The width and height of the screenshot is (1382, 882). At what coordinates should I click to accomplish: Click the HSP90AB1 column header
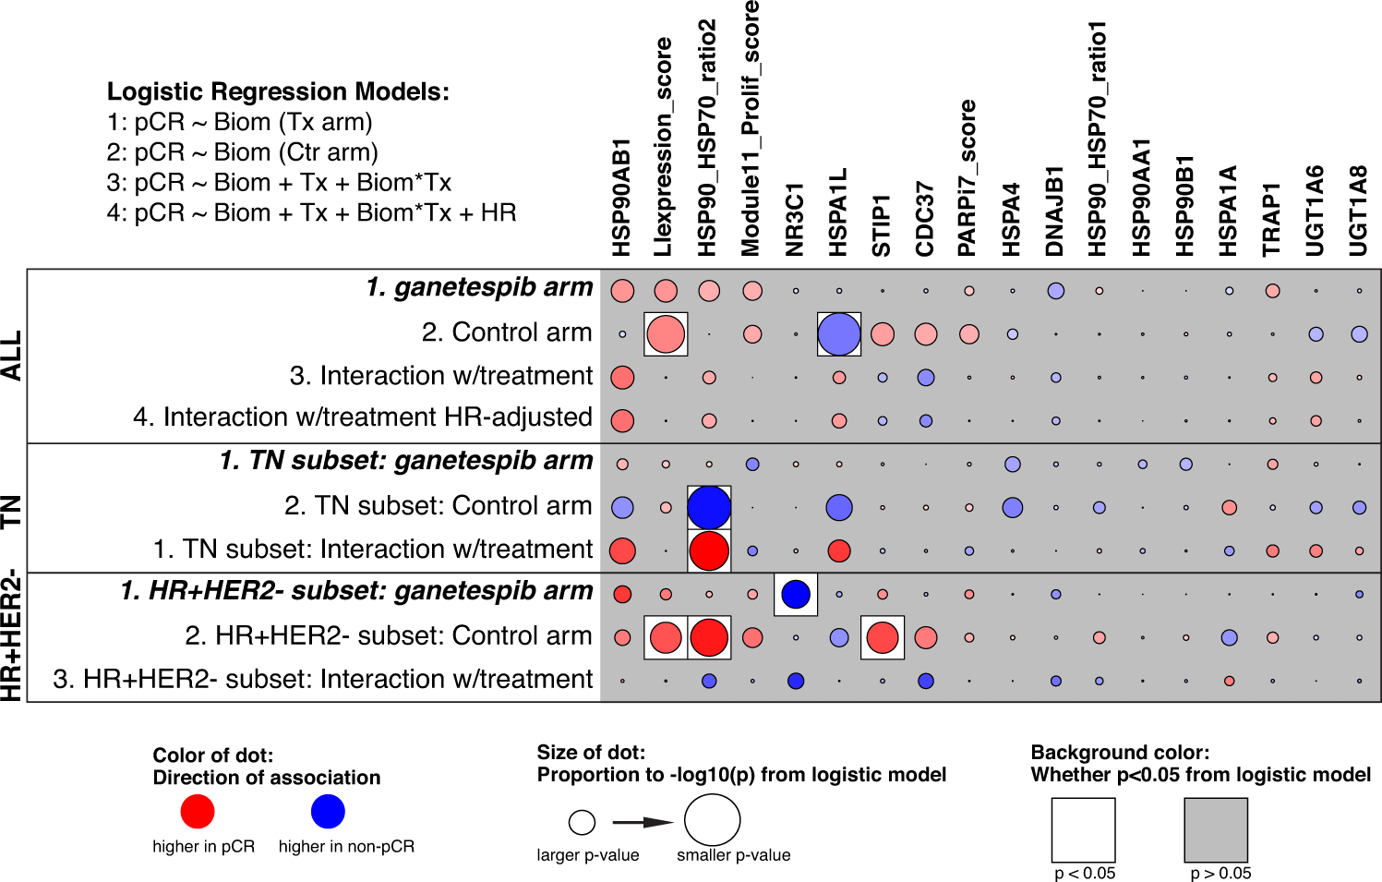621,198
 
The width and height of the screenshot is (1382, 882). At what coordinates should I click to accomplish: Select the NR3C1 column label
795,219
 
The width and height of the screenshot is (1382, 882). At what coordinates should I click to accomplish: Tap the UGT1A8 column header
1358,211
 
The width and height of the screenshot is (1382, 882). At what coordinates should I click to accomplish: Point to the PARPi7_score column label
967,177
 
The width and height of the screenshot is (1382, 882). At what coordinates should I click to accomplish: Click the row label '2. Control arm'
506,332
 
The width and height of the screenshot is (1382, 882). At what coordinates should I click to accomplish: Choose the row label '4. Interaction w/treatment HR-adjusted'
363,417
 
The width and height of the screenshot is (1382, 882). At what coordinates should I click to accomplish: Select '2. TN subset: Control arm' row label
438,506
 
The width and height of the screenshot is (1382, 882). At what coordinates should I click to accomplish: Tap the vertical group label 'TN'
12,511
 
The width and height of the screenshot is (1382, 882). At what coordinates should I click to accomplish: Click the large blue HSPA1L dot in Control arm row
839,334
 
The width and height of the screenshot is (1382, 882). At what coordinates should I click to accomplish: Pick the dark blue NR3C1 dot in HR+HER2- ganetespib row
796,594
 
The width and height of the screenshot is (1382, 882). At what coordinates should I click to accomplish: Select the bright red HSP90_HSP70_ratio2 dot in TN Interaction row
709,551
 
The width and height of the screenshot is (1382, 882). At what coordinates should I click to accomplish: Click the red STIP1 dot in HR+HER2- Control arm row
883,637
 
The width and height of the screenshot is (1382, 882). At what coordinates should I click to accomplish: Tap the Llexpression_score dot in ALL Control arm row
666,334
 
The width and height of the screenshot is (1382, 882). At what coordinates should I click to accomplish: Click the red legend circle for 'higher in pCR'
198,812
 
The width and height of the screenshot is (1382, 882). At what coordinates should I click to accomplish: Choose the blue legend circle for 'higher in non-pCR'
328,812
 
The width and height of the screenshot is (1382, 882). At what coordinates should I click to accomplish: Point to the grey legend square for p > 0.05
1216,830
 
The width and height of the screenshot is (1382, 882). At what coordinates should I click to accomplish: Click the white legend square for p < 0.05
1084,830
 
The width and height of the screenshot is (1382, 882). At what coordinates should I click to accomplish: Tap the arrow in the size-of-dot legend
643,822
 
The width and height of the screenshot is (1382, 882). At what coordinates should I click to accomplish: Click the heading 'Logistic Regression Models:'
278,91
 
